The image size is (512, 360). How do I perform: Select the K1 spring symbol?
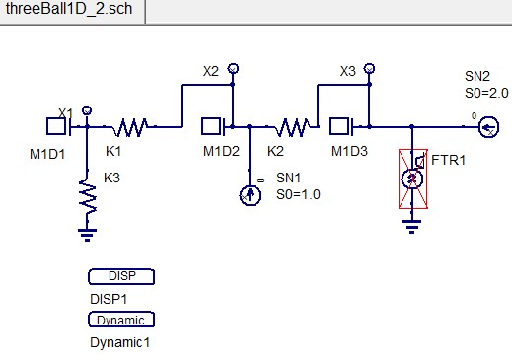tap(132, 126)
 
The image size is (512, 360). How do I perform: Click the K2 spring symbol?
tap(292, 126)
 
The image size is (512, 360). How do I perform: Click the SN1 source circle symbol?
tap(250, 194)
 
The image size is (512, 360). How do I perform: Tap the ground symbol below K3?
tap(88, 234)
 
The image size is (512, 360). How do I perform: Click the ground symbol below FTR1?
tap(412, 225)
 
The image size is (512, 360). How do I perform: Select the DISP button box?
tap(120, 276)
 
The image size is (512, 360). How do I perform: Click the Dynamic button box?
tap(120, 320)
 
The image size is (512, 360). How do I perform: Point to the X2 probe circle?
tap(233, 69)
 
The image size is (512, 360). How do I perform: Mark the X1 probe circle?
tap(88, 109)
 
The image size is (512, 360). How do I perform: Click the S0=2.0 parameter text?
tap(485, 92)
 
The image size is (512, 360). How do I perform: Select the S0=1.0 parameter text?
tap(299, 194)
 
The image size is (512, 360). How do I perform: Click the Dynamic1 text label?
tap(119, 341)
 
